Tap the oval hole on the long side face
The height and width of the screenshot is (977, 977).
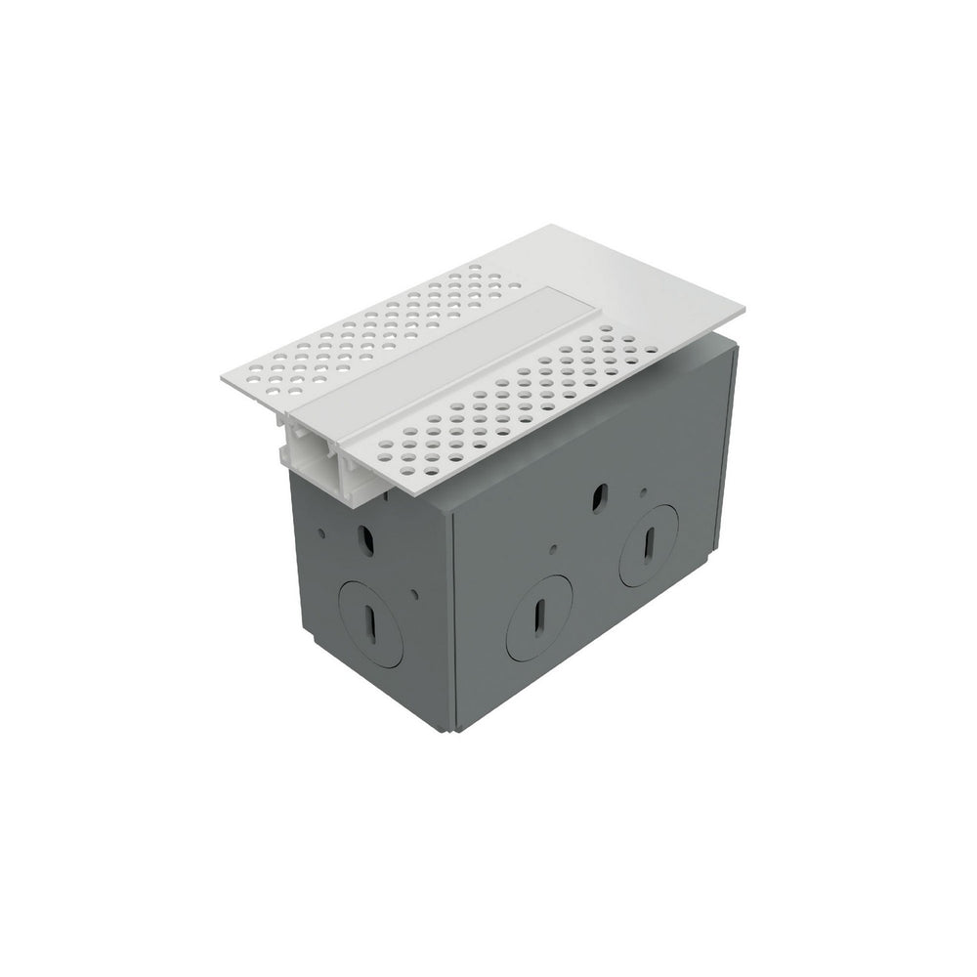tap(600, 494)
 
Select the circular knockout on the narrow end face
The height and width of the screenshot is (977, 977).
tap(372, 621)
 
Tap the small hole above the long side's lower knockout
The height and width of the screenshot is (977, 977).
tap(553, 549)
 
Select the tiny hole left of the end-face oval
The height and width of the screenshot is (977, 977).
tap(321, 532)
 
